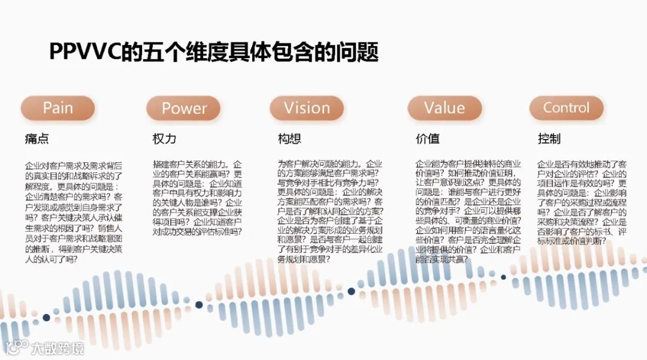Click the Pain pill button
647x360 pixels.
[58, 108]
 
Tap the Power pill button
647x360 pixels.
[183, 108]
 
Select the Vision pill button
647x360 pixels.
[307, 108]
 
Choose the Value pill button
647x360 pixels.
[445, 108]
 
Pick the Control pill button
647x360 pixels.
[566, 108]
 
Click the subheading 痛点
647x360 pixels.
[37, 139]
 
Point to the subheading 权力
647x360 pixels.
[164, 139]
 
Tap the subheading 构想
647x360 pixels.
[289, 139]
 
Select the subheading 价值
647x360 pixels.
[427, 139]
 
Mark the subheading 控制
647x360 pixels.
[549, 139]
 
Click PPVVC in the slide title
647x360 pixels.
[84, 53]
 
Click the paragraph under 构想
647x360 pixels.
[331, 211]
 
